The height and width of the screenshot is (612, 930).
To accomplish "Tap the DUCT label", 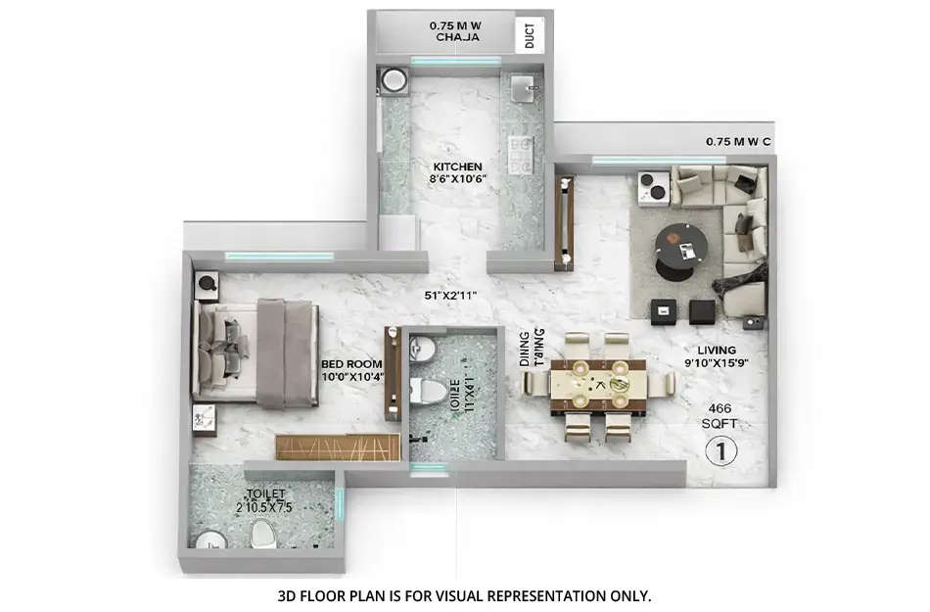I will click(x=530, y=36).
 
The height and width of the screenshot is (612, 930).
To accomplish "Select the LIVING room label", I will click(x=716, y=350).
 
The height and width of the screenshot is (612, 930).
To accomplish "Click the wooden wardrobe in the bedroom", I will click(x=338, y=447).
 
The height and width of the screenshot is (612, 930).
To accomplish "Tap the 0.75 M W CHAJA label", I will click(x=456, y=31).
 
